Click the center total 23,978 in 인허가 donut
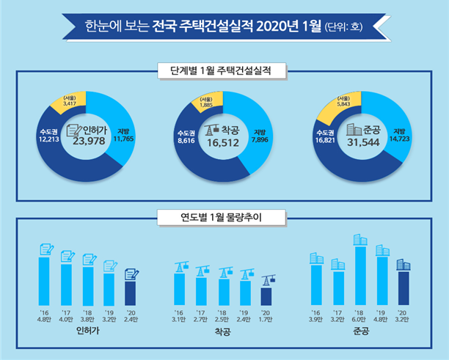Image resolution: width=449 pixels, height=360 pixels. coord(90,142)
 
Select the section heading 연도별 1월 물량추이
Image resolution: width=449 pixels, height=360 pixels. coord(224,217)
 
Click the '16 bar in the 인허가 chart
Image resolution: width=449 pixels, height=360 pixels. coord(43,280)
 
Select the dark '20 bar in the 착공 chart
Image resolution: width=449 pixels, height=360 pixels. coord(266,295)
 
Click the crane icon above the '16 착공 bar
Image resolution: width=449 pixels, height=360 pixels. coord(179,267)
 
